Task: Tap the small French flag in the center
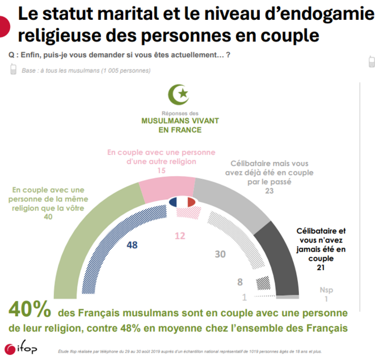click(182, 202)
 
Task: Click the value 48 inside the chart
click(132, 245)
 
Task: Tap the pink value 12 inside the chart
click(180, 235)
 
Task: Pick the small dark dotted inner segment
click(263, 282)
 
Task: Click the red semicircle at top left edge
click(3, 26)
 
